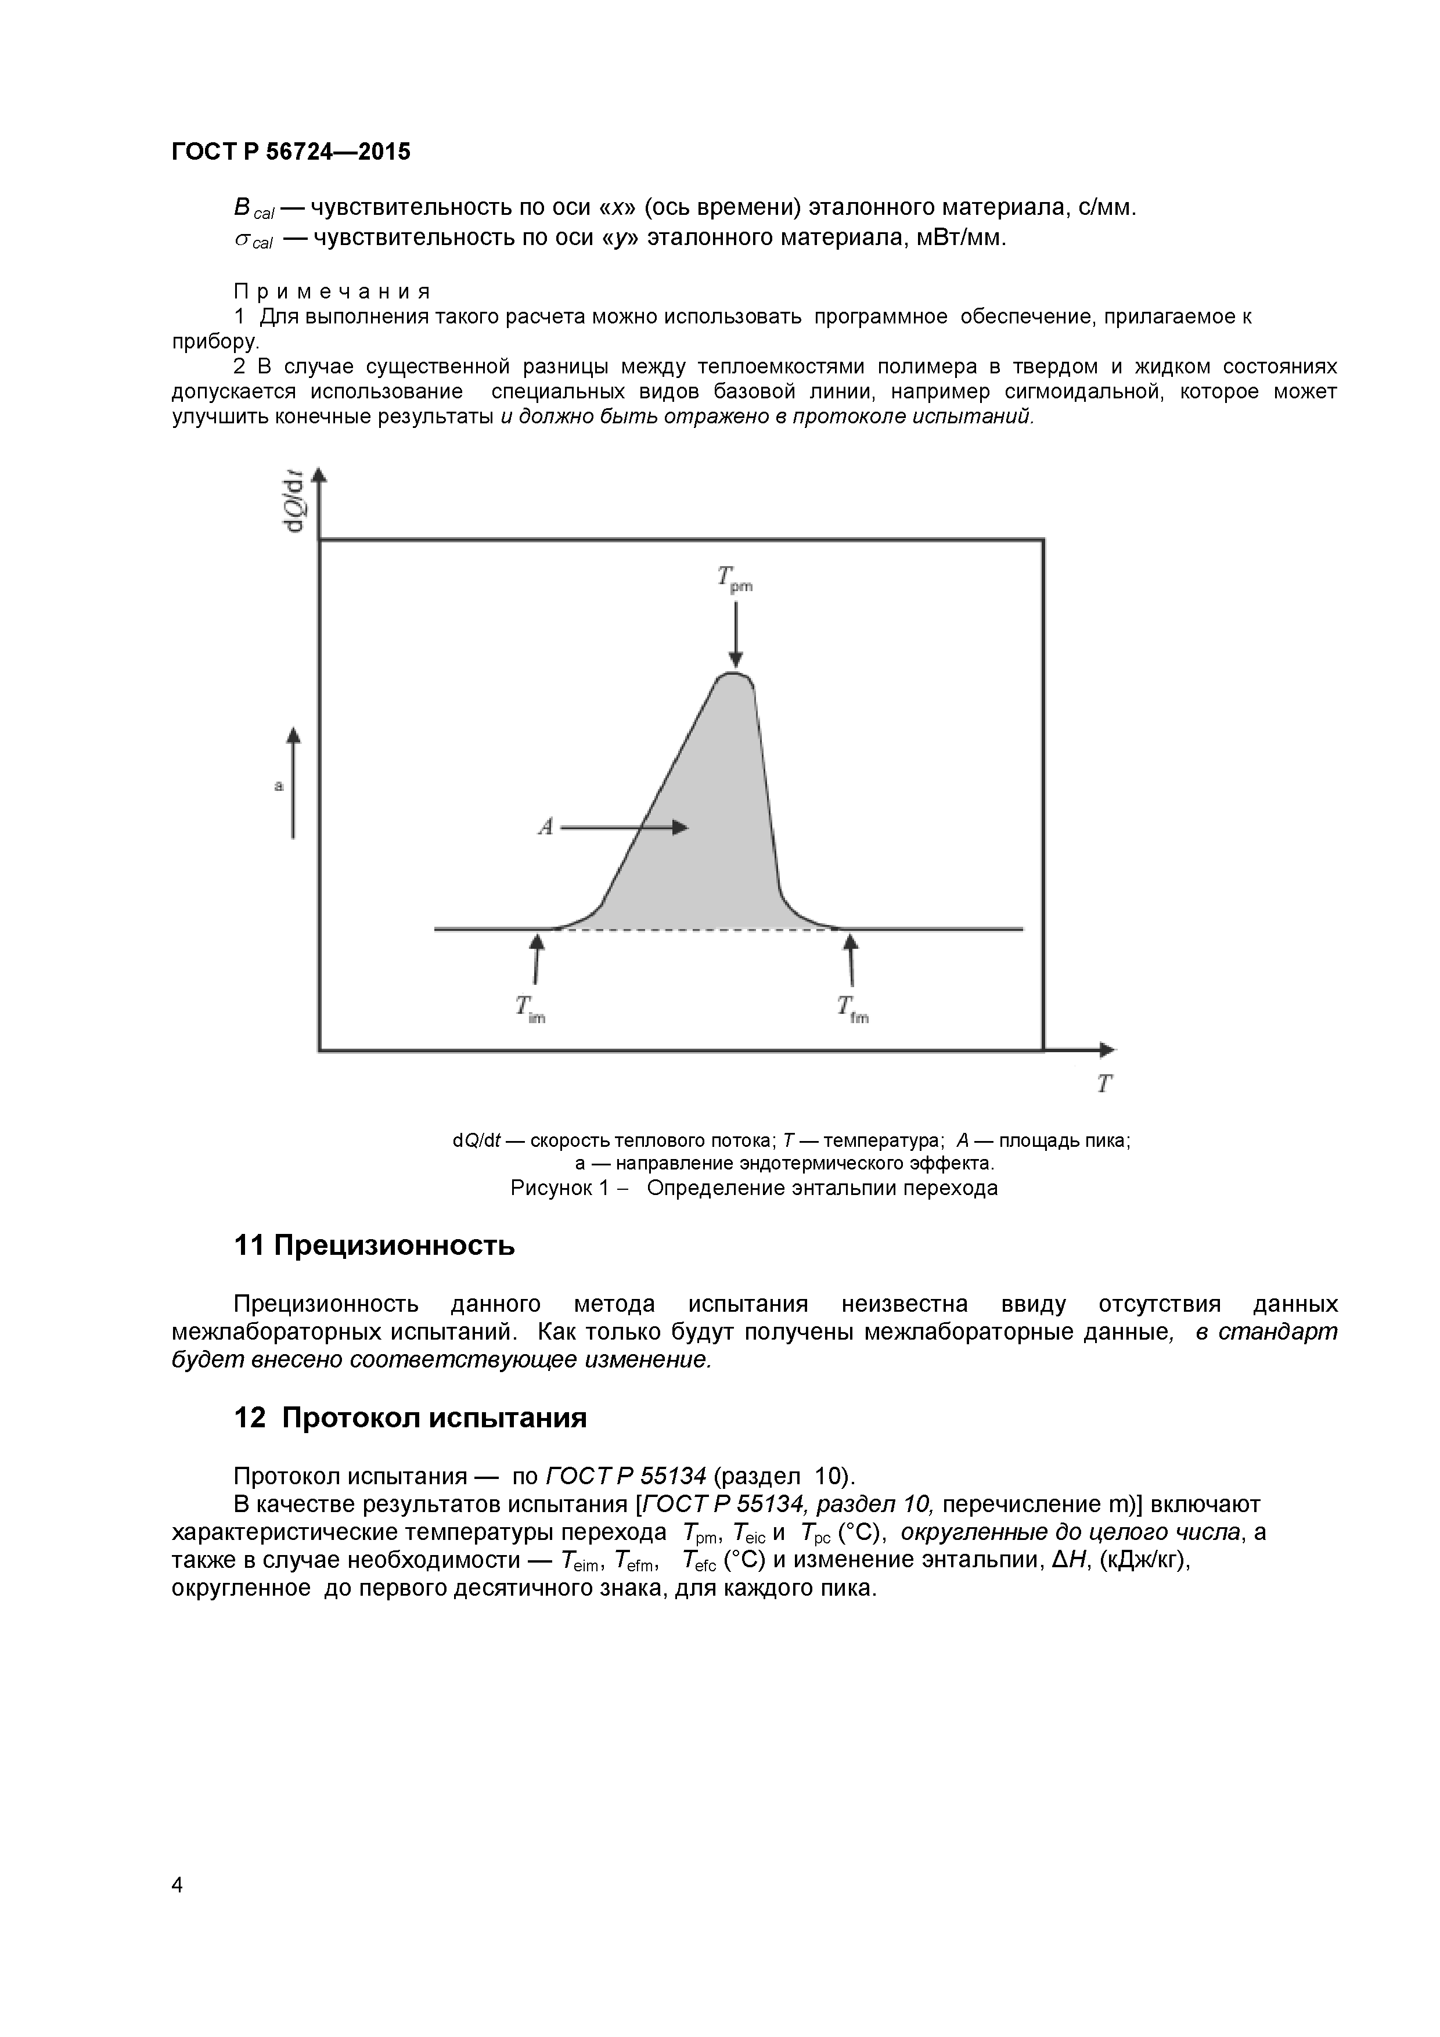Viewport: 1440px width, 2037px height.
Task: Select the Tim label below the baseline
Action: pos(530,1009)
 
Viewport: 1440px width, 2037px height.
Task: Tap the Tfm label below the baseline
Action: pos(852,1009)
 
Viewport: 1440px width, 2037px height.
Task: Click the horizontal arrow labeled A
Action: pos(625,827)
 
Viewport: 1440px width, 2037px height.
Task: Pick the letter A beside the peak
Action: pos(546,827)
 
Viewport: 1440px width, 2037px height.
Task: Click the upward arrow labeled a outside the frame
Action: pos(294,782)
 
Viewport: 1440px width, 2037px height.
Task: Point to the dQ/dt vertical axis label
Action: pos(294,501)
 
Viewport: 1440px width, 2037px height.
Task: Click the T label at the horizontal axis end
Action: pos(1104,1084)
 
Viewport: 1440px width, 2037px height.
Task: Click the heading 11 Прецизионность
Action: pos(373,1246)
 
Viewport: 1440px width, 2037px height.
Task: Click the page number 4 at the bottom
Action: pos(177,1885)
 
